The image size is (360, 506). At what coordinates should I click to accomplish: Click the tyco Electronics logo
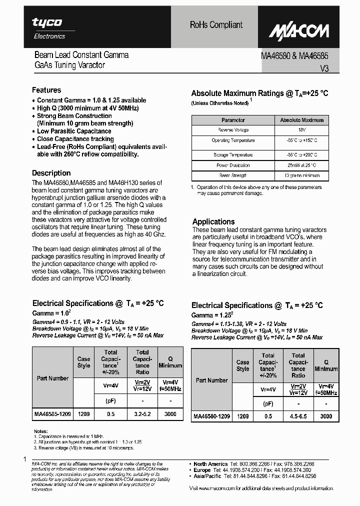pyautogui.click(x=48, y=28)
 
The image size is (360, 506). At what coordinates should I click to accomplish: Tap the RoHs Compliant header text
pyautogui.click(x=216, y=24)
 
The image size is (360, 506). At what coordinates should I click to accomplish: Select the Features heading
pyautogui.click(x=46, y=90)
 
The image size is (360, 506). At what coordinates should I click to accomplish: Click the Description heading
pyautogui.click(x=51, y=173)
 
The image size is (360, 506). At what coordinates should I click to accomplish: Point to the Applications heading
pyautogui.click(x=213, y=221)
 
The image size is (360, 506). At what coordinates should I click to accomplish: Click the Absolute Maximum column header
pyautogui.click(x=301, y=120)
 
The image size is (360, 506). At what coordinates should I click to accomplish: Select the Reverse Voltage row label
pyautogui.click(x=233, y=129)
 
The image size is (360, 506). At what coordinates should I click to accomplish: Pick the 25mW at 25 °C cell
pyautogui.click(x=301, y=165)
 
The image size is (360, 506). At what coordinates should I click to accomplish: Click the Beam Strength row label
pyautogui.click(x=233, y=175)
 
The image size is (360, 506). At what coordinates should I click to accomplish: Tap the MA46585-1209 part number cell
pyautogui.click(x=52, y=414)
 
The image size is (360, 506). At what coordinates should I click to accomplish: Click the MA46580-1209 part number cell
pyautogui.click(x=211, y=416)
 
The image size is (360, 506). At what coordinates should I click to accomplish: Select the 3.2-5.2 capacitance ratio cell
pyautogui.click(x=142, y=414)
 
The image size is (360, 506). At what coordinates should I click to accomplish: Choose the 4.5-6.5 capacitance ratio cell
pyautogui.click(x=298, y=416)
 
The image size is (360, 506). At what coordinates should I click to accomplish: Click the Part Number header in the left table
pyautogui.click(x=52, y=378)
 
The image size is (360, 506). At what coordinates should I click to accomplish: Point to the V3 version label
pyautogui.click(x=324, y=69)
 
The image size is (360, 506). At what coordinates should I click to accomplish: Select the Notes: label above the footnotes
pyautogui.click(x=40, y=431)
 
